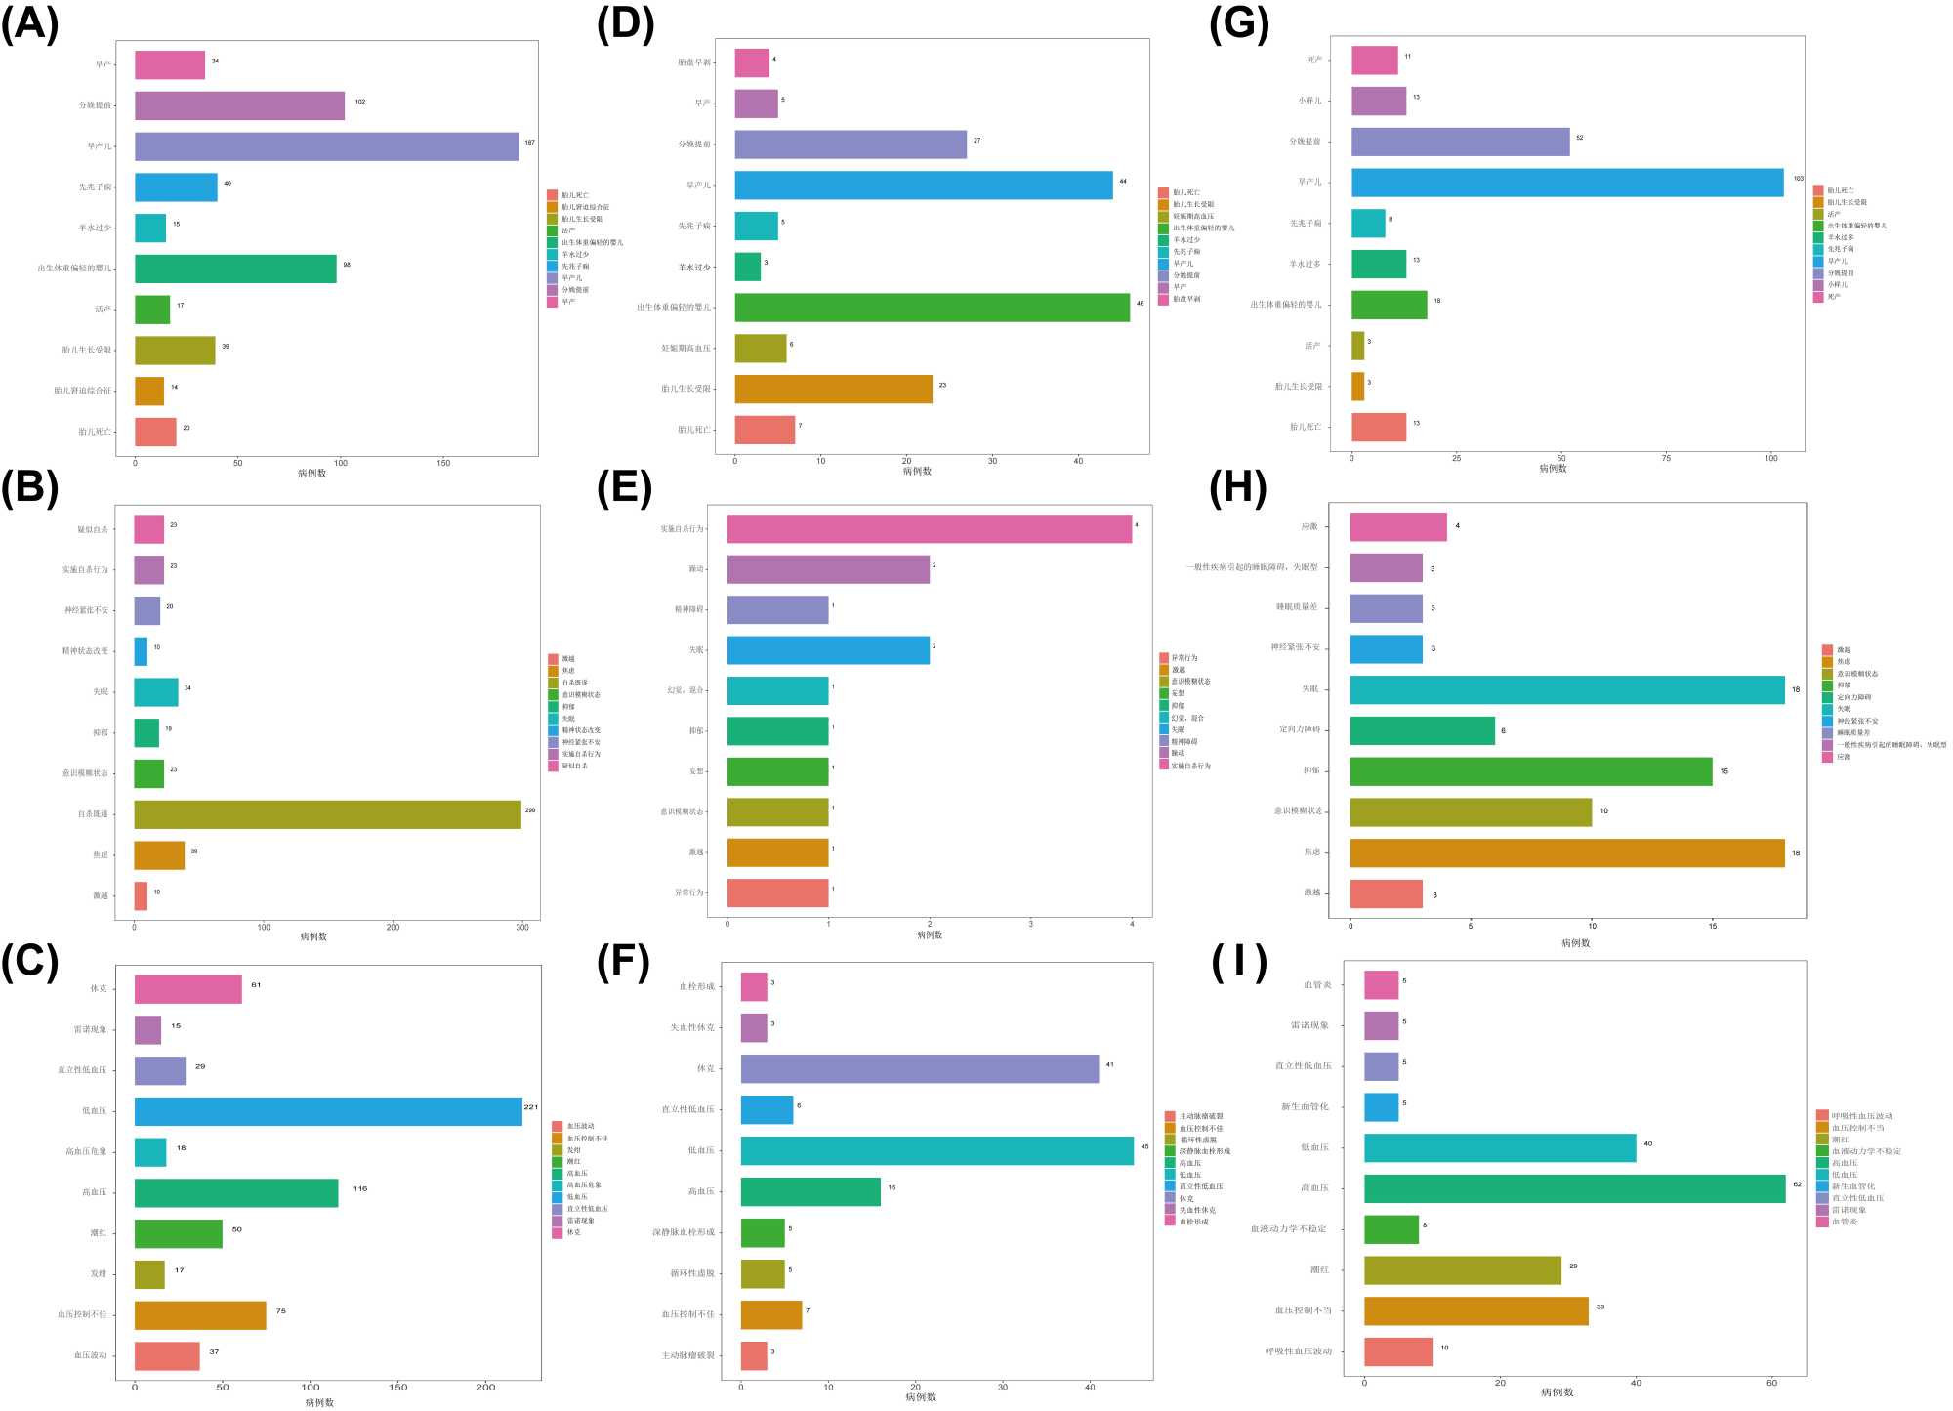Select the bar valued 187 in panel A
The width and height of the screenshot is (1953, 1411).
coord(326,146)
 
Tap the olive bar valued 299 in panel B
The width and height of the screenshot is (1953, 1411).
coord(327,814)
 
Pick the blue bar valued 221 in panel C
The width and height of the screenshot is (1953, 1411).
coord(328,1111)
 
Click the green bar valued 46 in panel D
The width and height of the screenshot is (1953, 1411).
coord(932,308)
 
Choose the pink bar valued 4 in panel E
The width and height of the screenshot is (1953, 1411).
coord(929,529)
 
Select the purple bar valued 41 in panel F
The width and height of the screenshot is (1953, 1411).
coord(919,1068)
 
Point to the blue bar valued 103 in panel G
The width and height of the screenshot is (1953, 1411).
coord(1566,183)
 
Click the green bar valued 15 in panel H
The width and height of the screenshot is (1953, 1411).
coord(1530,771)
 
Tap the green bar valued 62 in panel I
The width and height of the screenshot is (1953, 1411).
coord(1574,1188)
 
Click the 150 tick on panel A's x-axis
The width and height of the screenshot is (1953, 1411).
coord(443,463)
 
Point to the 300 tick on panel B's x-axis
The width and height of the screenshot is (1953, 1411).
coord(522,927)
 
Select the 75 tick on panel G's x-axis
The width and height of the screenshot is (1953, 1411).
coord(1666,458)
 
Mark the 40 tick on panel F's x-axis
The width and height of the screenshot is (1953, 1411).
coord(1090,1387)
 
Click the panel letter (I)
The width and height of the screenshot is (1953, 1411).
coord(1238,962)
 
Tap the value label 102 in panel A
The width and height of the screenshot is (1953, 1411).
coord(360,102)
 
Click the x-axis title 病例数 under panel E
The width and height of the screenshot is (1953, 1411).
coord(930,935)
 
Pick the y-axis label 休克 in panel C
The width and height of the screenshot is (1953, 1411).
coord(99,989)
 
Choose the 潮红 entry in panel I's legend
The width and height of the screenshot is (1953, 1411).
coord(1840,1140)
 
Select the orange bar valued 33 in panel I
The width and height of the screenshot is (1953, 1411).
coord(1475,1310)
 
